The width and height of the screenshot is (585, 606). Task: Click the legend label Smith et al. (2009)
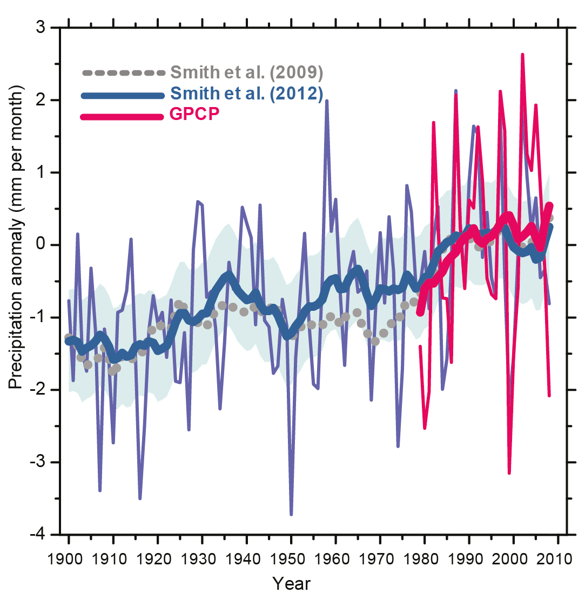[247, 72]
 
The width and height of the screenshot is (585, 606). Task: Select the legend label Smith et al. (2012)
[247, 94]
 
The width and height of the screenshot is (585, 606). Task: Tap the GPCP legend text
[195, 115]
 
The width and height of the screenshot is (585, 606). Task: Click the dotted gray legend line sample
[123, 72]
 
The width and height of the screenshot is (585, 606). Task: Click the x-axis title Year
[292, 584]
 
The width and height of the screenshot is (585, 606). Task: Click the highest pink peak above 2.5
[522, 55]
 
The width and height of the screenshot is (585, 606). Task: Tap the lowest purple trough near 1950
[291, 514]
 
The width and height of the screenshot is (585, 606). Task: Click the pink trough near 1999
[509, 472]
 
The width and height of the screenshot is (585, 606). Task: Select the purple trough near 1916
[140, 498]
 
